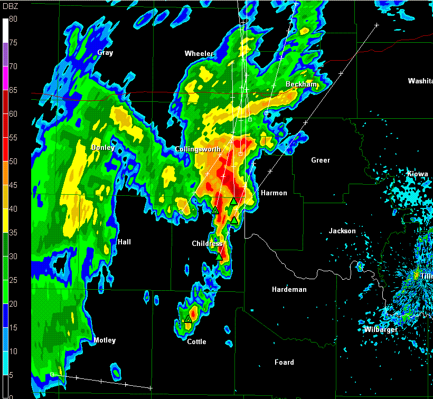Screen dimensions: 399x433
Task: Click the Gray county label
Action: pyautogui.click(x=105, y=53)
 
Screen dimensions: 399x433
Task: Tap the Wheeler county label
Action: pyautogui.click(x=199, y=54)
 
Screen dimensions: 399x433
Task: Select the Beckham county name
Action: pyautogui.click(x=302, y=84)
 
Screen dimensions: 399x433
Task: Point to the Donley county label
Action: pyautogui.click(x=103, y=148)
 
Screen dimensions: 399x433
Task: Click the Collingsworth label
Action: pyautogui.click(x=198, y=150)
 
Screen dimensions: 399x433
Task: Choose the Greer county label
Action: pyautogui.click(x=321, y=160)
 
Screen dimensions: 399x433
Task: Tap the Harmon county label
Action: pyautogui.click(x=274, y=193)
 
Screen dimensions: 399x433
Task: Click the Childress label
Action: pyautogui.click(x=207, y=244)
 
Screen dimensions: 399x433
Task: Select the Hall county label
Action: pyautogui.click(x=124, y=242)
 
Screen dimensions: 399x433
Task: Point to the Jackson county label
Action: pyautogui.click(x=342, y=231)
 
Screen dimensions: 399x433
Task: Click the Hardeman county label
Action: pyautogui.click(x=289, y=290)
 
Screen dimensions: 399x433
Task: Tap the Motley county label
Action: pyautogui.click(x=105, y=340)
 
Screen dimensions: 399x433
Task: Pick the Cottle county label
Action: pyautogui.click(x=197, y=342)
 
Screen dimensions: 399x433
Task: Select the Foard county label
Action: pyautogui.click(x=284, y=363)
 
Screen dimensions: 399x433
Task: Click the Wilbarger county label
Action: pyautogui.click(x=380, y=330)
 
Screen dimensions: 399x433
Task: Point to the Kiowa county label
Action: pyautogui.click(x=418, y=174)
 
